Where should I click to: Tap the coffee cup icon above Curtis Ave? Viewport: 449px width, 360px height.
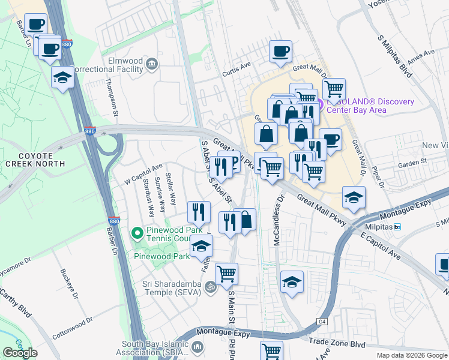pyautogui.click(x=280, y=52)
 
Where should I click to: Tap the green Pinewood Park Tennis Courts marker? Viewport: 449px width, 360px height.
pyautogui.click(x=137, y=232)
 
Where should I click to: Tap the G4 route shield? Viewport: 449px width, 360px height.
pyautogui.click(x=323, y=322)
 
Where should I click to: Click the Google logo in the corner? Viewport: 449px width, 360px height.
pyautogui.click(x=20, y=353)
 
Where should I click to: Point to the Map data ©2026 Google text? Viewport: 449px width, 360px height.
pyautogui.click(x=411, y=355)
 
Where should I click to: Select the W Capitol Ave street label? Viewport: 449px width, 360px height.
pyautogui.click(x=143, y=174)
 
